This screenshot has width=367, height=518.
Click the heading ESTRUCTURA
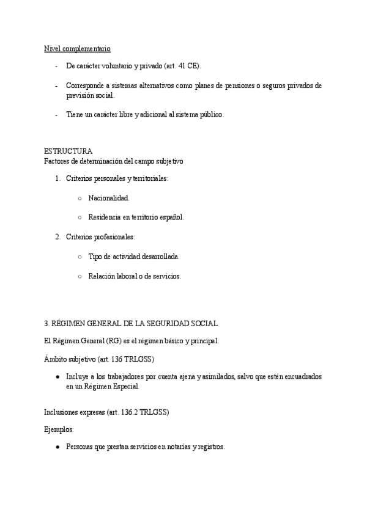[x=69, y=151]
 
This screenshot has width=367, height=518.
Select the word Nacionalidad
[x=109, y=199]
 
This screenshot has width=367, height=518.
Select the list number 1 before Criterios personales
[x=57, y=178]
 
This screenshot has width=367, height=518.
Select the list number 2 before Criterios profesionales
[x=57, y=236]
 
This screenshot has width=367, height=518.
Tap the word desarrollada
[x=160, y=257]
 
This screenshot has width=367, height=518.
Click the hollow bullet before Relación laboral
[x=81, y=276]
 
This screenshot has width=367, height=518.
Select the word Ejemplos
[x=59, y=429]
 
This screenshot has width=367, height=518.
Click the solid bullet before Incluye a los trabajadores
[x=57, y=377]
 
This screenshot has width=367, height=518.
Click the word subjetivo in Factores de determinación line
[x=166, y=161]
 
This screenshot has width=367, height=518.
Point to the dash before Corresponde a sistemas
[x=56, y=86]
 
